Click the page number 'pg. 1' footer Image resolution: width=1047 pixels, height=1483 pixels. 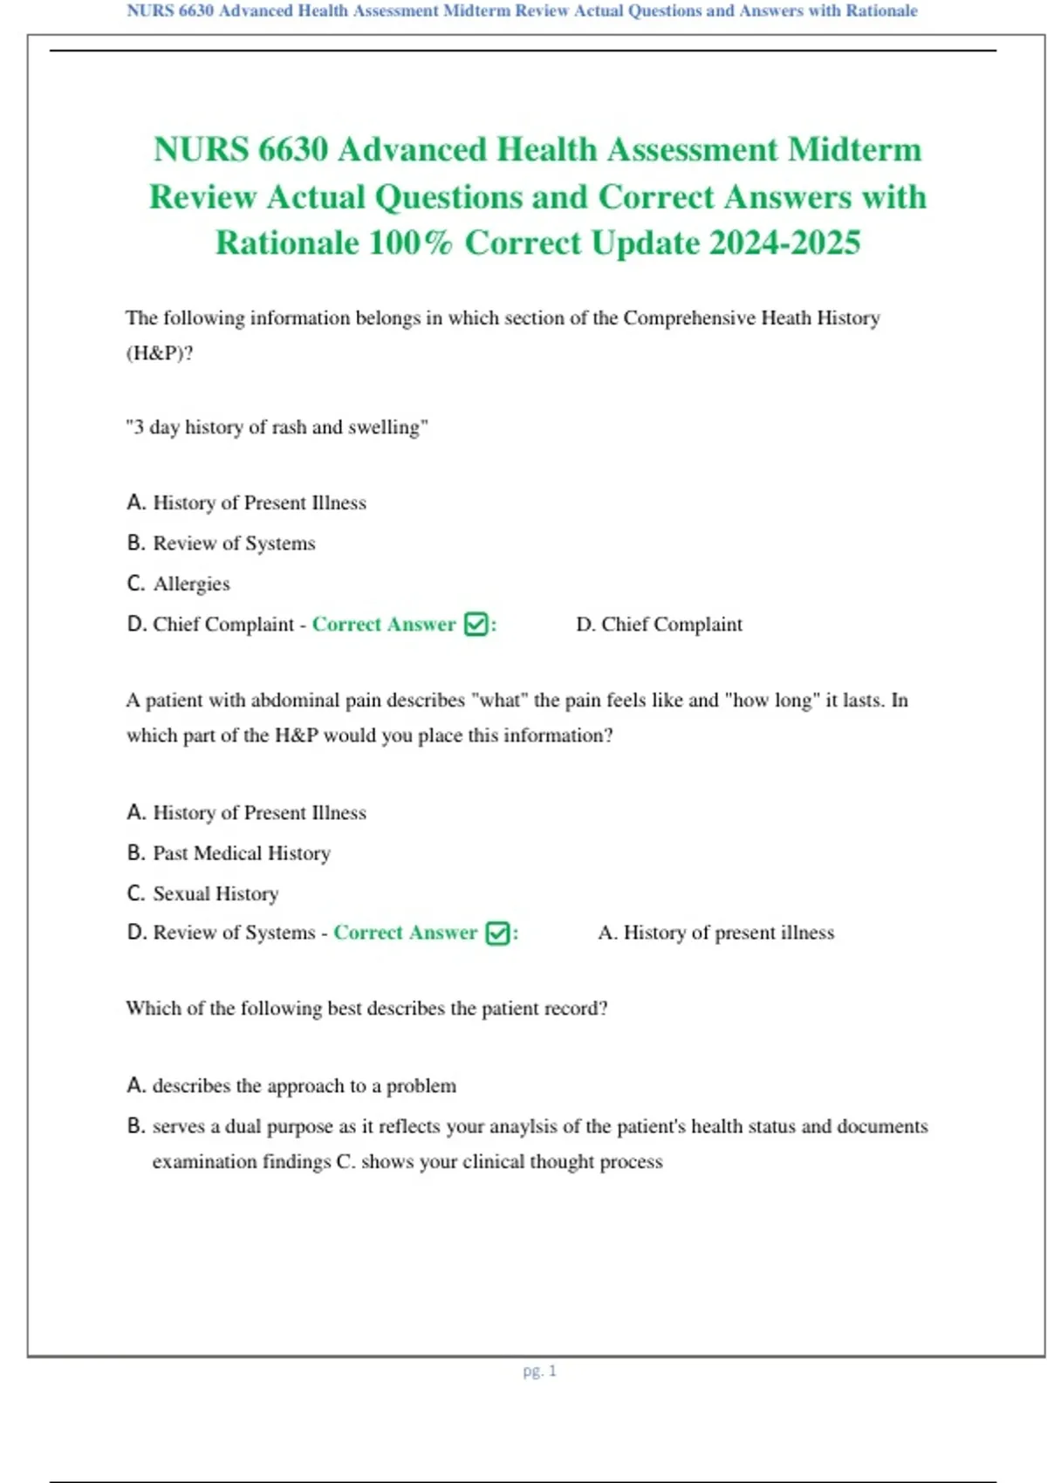[x=539, y=1370]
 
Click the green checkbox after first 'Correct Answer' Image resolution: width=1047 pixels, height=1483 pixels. [x=476, y=625]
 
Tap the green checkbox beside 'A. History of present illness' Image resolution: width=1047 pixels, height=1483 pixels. [x=497, y=933]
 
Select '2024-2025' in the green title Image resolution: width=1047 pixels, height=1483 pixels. [x=784, y=243]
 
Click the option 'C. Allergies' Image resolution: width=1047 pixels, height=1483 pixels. [x=179, y=584]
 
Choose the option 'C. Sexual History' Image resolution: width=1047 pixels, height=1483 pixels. [x=202, y=893]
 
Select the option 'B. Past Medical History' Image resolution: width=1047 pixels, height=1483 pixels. [x=229, y=853]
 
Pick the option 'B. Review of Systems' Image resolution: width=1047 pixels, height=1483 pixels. [x=221, y=543]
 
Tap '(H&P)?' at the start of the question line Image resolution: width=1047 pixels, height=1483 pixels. [x=160, y=353]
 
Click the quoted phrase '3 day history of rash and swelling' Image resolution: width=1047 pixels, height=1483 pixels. [x=277, y=427]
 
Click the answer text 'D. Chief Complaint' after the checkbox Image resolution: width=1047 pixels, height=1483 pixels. [x=659, y=625]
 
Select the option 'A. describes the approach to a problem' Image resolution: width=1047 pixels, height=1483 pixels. [x=291, y=1086]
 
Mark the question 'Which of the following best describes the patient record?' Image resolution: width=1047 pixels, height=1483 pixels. [x=366, y=1008]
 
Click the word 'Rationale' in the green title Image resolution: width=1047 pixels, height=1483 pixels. [x=286, y=243]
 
